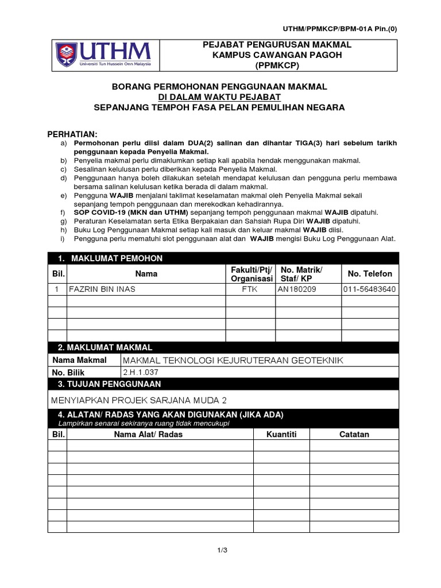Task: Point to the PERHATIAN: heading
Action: pos(72,134)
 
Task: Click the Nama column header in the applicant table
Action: pos(146,274)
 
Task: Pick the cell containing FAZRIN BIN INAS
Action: pos(102,289)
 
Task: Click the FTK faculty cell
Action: pos(250,289)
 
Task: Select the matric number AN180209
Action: pos(297,289)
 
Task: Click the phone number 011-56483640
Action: pos(369,289)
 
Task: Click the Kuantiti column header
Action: pos(281,435)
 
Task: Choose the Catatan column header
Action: pos(354,435)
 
